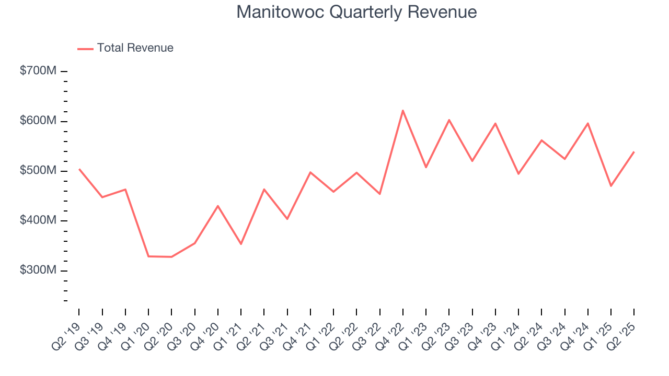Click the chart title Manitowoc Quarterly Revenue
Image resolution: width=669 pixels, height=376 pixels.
click(356, 12)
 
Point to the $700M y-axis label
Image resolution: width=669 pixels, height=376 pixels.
click(38, 71)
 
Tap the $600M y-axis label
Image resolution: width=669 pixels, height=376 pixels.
click(38, 121)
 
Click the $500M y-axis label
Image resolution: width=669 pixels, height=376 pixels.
click(38, 171)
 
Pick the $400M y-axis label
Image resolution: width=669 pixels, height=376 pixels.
click(38, 220)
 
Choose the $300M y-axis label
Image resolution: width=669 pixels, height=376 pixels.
click(38, 271)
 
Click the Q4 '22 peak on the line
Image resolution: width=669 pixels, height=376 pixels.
click(403, 110)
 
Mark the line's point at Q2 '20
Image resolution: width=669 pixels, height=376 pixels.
click(171, 257)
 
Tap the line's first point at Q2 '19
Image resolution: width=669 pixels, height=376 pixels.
click(79, 169)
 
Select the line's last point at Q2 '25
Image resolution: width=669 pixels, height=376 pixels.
click(634, 152)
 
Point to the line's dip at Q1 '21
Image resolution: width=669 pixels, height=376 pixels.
click(241, 244)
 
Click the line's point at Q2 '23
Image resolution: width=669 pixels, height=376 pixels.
click(449, 120)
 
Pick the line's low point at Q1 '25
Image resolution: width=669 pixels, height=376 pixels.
click(611, 186)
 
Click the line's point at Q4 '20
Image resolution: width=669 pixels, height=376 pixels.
click(218, 206)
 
